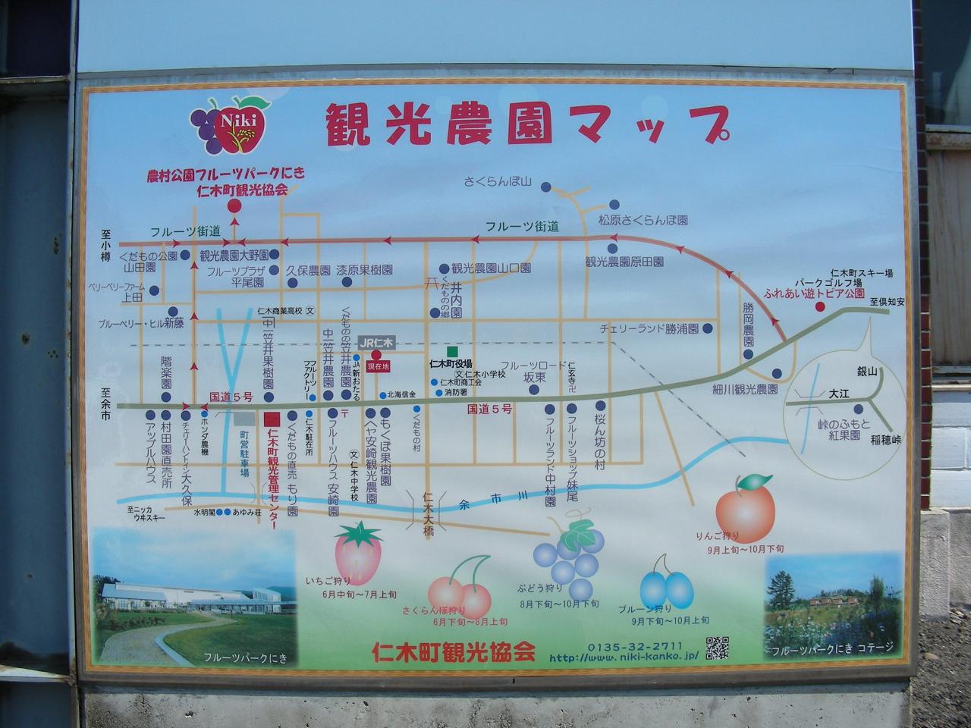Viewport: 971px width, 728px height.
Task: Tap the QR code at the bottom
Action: [x=717, y=648]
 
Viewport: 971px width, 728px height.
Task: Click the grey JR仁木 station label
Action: [x=377, y=342]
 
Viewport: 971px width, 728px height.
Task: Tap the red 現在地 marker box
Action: [x=378, y=366]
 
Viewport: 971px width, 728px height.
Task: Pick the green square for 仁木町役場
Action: [x=452, y=352]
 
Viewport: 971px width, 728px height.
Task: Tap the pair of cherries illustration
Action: [x=460, y=591]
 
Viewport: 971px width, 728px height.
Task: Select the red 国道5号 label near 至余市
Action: [x=231, y=397]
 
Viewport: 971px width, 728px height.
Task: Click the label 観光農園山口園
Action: [x=491, y=268]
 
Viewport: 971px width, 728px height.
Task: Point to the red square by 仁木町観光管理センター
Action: [x=271, y=418]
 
